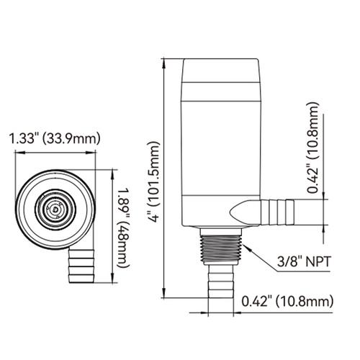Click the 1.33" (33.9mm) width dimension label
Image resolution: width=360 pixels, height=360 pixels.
point(54,139)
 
